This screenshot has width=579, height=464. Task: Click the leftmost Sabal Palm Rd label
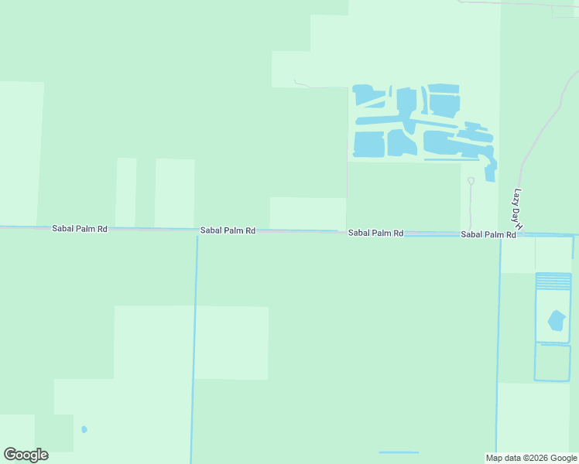click(x=80, y=229)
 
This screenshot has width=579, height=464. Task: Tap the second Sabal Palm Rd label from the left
click(x=228, y=230)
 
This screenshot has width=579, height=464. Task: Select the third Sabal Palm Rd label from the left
click(x=375, y=233)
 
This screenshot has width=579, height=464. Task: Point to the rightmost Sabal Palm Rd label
click(x=488, y=234)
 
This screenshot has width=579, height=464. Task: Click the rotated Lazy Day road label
click(x=518, y=207)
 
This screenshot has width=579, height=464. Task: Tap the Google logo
click(x=26, y=455)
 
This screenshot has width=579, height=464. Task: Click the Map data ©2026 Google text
click(x=531, y=458)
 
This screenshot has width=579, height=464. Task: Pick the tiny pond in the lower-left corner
click(x=84, y=429)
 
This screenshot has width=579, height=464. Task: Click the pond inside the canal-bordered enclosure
click(x=556, y=320)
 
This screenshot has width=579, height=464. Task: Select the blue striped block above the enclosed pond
click(x=553, y=281)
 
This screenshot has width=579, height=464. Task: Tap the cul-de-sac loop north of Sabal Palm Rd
click(x=471, y=182)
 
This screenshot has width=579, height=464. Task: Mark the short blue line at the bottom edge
click(x=399, y=452)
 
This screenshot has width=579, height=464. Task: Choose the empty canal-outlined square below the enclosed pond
click(x=552, y=362)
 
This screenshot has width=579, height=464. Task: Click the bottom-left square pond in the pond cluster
click(x=369, y=144)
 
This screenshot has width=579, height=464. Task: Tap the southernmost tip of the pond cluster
click(x=490, y=176)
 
